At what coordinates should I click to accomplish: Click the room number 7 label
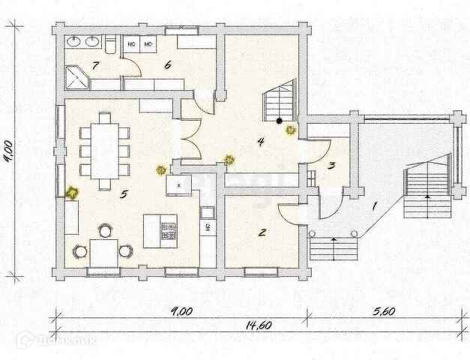(x=95, y=66)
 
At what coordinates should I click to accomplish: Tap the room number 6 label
(x=168, y=65)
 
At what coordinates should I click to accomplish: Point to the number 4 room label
(x=260, y=141)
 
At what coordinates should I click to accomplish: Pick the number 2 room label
(x=262, y=232)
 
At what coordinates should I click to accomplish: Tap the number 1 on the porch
(x=376, y=204)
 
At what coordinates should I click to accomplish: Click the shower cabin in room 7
(x=76, y=75)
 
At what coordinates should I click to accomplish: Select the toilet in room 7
(x=109, y=46)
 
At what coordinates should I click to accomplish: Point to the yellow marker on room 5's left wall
(x=72, y=193)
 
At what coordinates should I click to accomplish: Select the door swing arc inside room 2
(x=288, y=211)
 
